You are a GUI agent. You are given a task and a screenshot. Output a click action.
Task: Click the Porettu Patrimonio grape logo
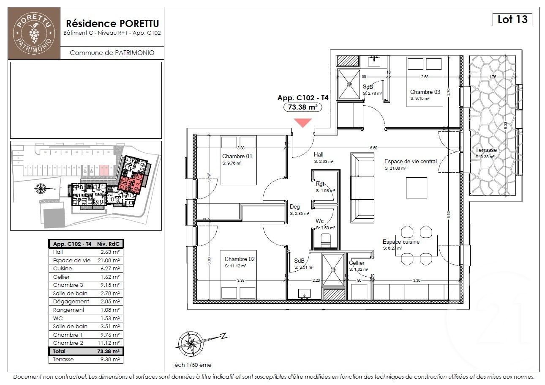click(x=34, y=33)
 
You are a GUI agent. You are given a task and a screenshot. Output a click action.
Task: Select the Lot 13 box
click(x=512, y=19)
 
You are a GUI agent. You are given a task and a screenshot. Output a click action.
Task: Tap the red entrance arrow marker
click(x=303, y=123)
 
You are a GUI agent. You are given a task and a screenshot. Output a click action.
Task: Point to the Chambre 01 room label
click(x=237, y=156)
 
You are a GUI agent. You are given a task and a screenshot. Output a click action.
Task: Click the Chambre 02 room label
click(x=240, y=259)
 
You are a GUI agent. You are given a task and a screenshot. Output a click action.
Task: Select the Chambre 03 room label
click(x=425, y=92)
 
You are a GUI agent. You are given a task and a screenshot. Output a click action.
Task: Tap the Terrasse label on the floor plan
click(x=486, y=150)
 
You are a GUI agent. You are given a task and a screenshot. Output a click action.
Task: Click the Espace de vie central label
click(x=410, y=161)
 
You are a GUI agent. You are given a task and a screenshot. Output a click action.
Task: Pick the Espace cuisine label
click(x=401, y=242)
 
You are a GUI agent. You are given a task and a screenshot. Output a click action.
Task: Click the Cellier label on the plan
click(x=357, y=263)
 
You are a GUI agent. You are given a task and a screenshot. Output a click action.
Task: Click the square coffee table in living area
click(x=416, y=188)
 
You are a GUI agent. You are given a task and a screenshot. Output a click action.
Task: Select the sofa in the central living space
click(x=362, y=188)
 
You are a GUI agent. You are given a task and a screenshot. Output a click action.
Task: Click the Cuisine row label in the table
click(x=63, y=268)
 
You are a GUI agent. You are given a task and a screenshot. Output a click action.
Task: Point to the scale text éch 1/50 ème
click(x=193, y=365)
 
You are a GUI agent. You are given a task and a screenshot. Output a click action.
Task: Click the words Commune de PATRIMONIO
click(x=112, y=53)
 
